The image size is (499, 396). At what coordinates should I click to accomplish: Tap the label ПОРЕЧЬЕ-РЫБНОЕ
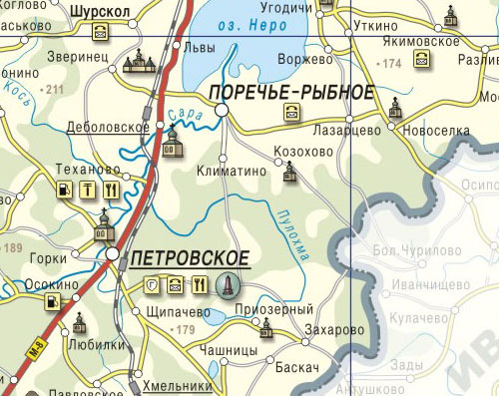(x=292, y=93)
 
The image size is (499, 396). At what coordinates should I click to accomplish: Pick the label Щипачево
(x=177, y=311)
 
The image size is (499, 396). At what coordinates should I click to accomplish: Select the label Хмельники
(x=180, y=385)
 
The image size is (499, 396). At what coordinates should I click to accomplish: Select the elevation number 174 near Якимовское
(x=390, y=64)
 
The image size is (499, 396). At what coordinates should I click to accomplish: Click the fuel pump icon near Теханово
(x=65, y=190)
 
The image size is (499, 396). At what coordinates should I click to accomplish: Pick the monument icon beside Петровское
(x=228, y=286)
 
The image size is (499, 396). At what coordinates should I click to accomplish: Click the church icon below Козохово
(x=289, y=175)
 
